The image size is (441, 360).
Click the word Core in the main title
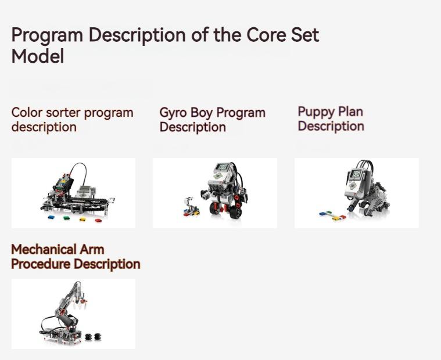pos(266,35)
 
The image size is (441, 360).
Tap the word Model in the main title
pos(37,56)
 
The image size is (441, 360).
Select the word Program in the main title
pos(47,35)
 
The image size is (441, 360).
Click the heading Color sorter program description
pos(72,120)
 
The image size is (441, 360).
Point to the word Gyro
pos(173,113)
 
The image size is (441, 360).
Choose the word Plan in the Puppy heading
pos(350,111)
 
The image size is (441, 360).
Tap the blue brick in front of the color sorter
pos(51,217)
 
